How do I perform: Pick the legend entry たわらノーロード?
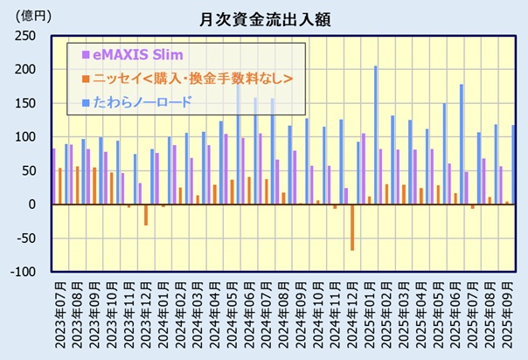click(149, 102)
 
